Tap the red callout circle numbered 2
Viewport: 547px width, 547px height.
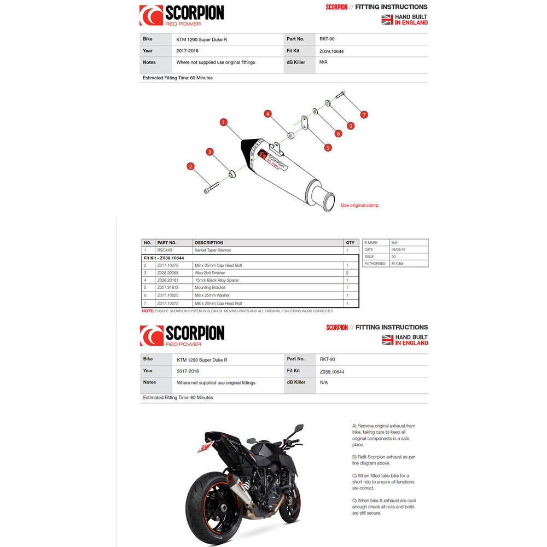[190, 166]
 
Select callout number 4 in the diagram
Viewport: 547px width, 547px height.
[267, 114]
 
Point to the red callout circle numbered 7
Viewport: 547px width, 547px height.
[364, 115]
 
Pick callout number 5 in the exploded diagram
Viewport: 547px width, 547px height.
[328, 147]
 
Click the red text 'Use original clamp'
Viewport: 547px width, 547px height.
[359, 205]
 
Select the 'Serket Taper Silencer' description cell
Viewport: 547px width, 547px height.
[213, 250]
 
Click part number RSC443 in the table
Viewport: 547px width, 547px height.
[165, 250]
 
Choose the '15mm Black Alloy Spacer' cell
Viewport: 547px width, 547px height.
[217, 280]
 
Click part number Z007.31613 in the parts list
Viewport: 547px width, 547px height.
[168, 288]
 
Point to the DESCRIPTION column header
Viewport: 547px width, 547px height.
[209, 242]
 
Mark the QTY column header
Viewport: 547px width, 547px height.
[350, 242]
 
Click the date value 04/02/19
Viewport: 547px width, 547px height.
[398, 249]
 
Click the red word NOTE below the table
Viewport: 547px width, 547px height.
[148, 311]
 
